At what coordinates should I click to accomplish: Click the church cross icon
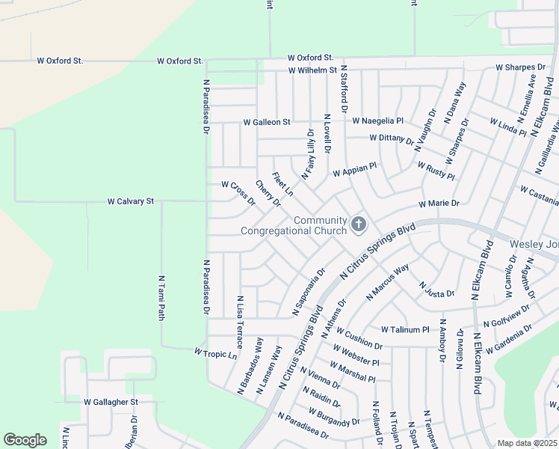(359, 224)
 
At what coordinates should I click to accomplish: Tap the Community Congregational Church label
(294, 225)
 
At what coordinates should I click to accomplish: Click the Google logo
(25, 440)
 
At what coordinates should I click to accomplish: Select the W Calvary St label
(131, 201)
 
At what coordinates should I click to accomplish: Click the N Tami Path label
(161, 298)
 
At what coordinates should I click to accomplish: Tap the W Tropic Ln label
(215, 352)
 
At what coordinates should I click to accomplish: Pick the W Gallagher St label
(111, 402)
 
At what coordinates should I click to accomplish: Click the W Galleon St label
(266, 122)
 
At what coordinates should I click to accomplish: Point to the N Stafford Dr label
(345, 88)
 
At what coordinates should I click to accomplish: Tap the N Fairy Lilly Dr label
(308, 153)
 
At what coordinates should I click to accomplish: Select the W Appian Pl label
(355, 171)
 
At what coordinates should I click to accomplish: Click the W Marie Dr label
(439, 203)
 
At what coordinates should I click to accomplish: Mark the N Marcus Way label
(388, 282)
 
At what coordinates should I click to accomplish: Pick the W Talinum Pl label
(405, 329)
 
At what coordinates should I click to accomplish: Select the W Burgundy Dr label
(334, 418)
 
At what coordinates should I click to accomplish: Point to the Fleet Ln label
(282, 185)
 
